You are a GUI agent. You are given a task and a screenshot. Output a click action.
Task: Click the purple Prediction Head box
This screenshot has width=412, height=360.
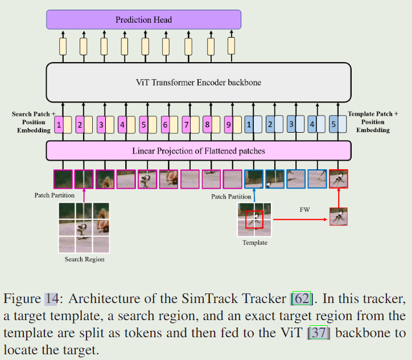click(143, 20)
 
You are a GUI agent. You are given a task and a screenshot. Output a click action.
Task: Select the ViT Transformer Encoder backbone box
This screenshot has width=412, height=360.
click(198, 83)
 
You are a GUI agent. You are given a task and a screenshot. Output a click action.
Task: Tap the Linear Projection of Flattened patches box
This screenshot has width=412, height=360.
click(198, 151)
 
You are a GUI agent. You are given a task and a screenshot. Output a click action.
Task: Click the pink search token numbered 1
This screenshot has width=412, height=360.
click(59, 124)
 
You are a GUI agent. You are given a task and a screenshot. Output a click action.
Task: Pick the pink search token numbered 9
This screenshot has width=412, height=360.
click(228, 124)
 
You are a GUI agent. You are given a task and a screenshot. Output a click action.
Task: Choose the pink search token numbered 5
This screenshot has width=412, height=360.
click(143, 124)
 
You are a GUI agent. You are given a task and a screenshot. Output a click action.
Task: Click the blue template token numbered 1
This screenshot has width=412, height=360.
click(249, 124)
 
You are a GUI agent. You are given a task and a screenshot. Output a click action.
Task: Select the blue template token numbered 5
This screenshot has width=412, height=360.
click(333, 124)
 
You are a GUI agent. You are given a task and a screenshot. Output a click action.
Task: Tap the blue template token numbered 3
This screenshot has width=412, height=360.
click(291, 124)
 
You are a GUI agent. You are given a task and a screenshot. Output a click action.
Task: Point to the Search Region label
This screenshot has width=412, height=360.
click(84, 259)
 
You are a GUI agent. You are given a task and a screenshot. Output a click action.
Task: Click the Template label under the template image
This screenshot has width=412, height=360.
click(254, 243)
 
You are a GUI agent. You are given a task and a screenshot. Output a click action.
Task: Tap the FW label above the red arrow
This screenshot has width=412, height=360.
click(304, 210)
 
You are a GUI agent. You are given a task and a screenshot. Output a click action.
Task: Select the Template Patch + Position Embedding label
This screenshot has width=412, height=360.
click(373, 122)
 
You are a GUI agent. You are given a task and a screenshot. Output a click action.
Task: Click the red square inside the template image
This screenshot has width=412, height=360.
click(254, 219)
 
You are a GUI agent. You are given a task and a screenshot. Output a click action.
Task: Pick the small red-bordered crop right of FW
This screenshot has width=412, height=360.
click(338, 217)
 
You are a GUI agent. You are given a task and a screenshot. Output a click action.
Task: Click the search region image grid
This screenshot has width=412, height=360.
click(84, 227)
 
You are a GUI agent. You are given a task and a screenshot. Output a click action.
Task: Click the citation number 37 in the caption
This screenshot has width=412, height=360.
click(318, 332)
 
